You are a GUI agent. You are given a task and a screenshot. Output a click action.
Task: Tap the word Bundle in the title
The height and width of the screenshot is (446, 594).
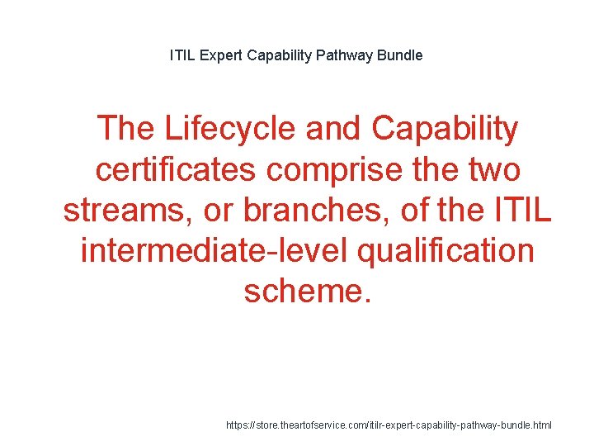pyautogui.click(x=400, y=55)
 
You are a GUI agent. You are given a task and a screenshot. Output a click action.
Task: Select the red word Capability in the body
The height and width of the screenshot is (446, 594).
pyautogui.click(x=445, y=129)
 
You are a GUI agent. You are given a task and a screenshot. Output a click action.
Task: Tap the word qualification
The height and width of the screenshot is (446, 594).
pyautogui.click(x=446, y=250)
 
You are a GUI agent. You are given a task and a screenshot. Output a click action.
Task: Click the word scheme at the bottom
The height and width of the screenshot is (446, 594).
pyautogui.click(x=302, y=291)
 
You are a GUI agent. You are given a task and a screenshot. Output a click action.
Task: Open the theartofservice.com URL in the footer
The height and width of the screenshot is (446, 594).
pyautogui.click(x=389, y=425)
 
